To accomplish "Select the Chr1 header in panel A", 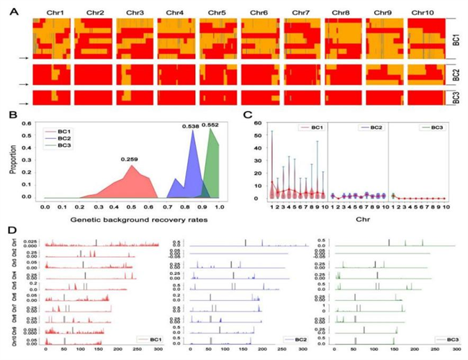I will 50,13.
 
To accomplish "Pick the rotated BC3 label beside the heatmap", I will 456,97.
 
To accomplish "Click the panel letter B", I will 13,115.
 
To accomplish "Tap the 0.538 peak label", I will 190,126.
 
